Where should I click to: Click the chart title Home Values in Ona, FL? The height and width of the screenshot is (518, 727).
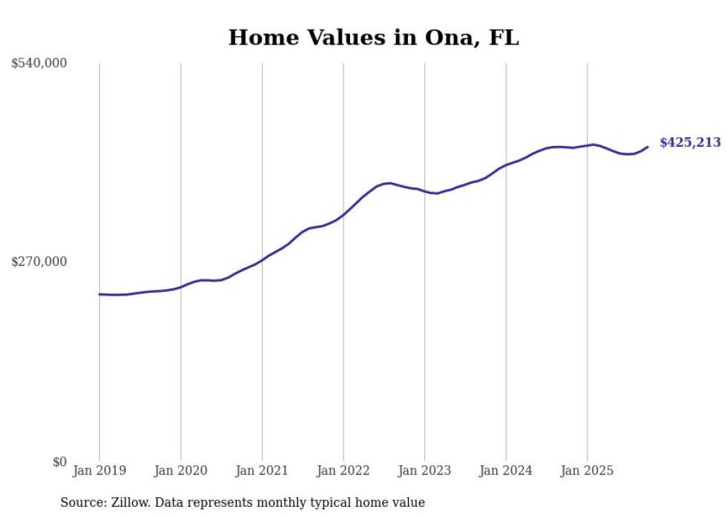click(x=373, y=38)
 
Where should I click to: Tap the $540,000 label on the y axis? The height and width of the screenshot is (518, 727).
click(x=39, y=64)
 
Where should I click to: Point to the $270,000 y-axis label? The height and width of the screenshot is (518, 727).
click(x=39, y=262)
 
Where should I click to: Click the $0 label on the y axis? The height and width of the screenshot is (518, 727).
click(x=59, y=462)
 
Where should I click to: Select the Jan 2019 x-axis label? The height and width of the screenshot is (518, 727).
click(x=99, y=471)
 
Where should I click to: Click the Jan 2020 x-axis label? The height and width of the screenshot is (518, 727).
click(x=181, y=471)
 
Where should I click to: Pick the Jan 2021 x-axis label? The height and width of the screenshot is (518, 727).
click(x=262, y=471)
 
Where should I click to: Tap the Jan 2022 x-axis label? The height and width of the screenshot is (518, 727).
click(x=343, y=471)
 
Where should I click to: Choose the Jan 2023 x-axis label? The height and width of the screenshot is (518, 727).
click(x=424, y=471)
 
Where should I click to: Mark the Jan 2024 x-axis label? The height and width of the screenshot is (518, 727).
click(x=506, y=471)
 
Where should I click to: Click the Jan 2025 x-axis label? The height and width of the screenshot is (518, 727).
click(x=587, y=471)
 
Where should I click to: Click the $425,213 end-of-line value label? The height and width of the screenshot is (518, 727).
click(x=690, y=143)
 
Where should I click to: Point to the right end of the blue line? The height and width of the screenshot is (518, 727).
click(x=648, y=147)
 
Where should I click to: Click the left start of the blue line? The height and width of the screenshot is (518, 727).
click(x=99, y=294)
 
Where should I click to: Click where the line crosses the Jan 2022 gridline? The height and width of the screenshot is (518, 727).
click(x=343, y=215)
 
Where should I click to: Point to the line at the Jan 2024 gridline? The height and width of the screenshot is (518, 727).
click(x=506, y=165)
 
